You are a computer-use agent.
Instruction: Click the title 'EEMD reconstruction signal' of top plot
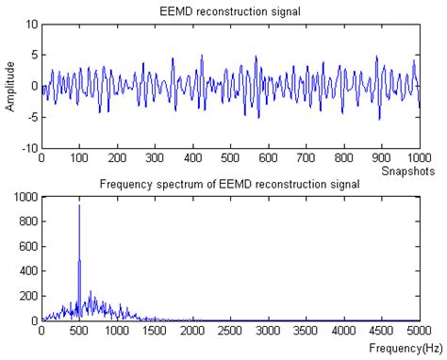(230, 10)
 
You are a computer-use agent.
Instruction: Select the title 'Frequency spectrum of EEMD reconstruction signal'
(230, 183)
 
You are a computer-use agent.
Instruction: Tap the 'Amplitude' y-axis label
(10, 86)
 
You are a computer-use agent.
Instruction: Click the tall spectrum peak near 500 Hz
(79, 206)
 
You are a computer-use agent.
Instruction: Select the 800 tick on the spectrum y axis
(25, 221)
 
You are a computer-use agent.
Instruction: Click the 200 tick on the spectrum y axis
(25, 296)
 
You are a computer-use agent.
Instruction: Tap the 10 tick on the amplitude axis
(30, 24)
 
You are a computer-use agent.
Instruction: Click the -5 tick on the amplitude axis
(30, 117)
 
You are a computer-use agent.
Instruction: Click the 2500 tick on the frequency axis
(230, 332)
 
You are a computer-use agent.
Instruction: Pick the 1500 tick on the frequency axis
(155, 332)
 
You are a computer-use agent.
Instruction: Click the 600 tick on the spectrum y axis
(25, 246)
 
